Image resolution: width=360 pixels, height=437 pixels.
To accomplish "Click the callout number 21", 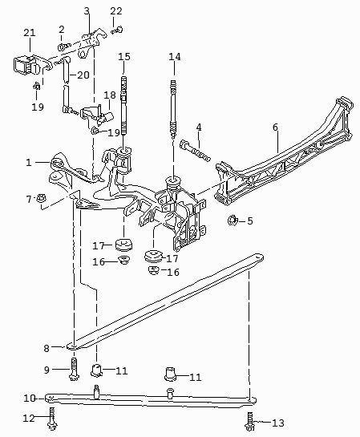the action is pyautogui.click(x=30, y=33).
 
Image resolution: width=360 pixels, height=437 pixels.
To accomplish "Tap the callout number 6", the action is pyautogui.click(x=275, y=127).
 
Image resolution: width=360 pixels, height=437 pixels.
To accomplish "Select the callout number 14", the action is pyautogui.click(x=175, y=57).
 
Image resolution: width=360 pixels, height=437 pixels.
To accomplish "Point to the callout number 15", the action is pyautogui.click(x=124, y=57).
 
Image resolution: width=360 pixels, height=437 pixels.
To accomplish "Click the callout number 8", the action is pyautogui.click(x=47, y=348).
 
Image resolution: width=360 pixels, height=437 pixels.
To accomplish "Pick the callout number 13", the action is pyautogui.click(x=277, y=423).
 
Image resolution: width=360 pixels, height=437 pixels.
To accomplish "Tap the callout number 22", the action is pyautogui.click(x=116, y=11).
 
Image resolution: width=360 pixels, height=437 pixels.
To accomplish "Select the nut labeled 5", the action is pyautogui.click(x=232, y=221).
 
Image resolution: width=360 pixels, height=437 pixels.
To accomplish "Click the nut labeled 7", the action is pyautogui.click(x=41, y=198).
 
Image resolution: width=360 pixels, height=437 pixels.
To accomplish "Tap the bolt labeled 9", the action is pyautogui.click(x=74, y=369).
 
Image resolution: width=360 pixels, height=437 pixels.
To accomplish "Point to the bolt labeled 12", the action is pyautogui.click(x=52, y=419).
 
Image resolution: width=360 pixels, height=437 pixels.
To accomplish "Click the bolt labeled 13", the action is pyautogui.click(x=249, y=423).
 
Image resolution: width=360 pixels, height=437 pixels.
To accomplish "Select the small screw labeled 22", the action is pyautogui.click(x=117, y=30).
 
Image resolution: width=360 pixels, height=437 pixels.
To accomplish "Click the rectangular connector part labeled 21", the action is pyautogui.click(x=26, y=65).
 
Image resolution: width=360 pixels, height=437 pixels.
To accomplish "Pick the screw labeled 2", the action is pyautogui.click(x=63, y=46).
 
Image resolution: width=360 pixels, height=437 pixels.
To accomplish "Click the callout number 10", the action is pyautogui.click(x=30, y=399).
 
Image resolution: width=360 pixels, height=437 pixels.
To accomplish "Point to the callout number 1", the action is pyautogui.click(x=29, y=163).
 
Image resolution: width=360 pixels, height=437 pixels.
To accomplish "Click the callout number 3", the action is pyautogui.click(x=87, y=11).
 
